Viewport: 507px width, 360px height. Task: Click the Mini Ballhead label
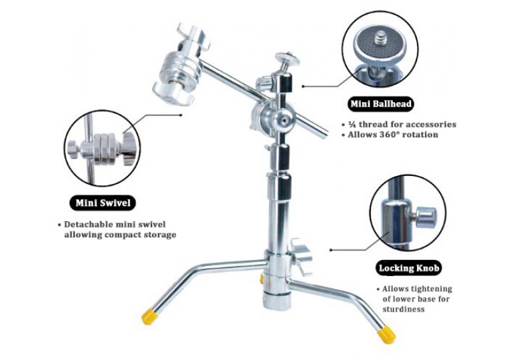point(381,103)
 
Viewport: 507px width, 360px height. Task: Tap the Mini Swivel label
point(102,202)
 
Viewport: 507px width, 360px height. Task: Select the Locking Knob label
point(409,268)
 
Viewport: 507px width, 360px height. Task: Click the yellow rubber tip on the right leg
point(386,333)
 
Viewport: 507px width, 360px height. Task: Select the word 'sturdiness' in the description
point(404,309)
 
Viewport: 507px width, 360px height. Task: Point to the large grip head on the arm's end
point(178,64)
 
